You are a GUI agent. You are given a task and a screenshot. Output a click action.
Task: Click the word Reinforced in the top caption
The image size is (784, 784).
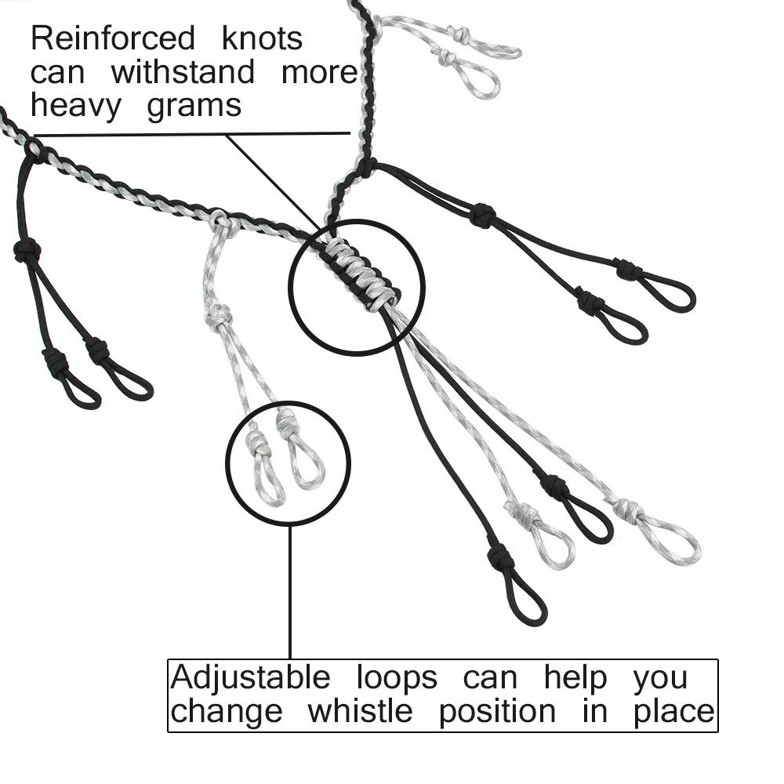112,38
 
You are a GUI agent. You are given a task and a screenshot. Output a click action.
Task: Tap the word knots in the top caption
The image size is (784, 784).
262,38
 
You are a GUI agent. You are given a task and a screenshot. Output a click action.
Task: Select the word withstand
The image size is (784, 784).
183,72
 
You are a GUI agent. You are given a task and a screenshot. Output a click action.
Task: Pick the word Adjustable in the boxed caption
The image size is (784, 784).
250,677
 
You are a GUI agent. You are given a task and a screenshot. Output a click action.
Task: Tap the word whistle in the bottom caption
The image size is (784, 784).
360,712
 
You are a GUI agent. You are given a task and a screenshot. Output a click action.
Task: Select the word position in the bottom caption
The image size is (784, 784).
497,712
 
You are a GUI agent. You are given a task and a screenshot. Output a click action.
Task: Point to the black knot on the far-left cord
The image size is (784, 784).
27,251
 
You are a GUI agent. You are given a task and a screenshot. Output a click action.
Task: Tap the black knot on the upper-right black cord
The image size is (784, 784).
483,214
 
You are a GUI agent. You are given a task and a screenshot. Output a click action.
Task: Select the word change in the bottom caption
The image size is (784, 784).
227,712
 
